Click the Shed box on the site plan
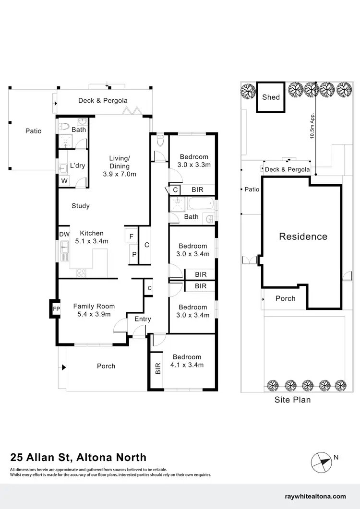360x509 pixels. (271, 97)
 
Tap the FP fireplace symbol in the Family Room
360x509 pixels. (56, 308)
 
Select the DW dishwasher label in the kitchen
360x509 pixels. (64, 234)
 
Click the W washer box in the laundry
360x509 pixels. (64, 181)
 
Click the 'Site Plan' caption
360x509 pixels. (292, 399)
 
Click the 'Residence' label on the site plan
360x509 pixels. (303, 236)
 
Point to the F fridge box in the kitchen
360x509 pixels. (131, 237)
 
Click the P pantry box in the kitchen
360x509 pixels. (134, 254)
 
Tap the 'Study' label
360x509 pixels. (81, 206)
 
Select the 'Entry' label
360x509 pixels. (143, 319)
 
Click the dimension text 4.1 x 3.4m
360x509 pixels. (187, 365)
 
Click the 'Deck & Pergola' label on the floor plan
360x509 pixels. (103, 101)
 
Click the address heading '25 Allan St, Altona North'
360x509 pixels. (78, 457)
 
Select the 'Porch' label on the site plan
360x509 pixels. (286, 298)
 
